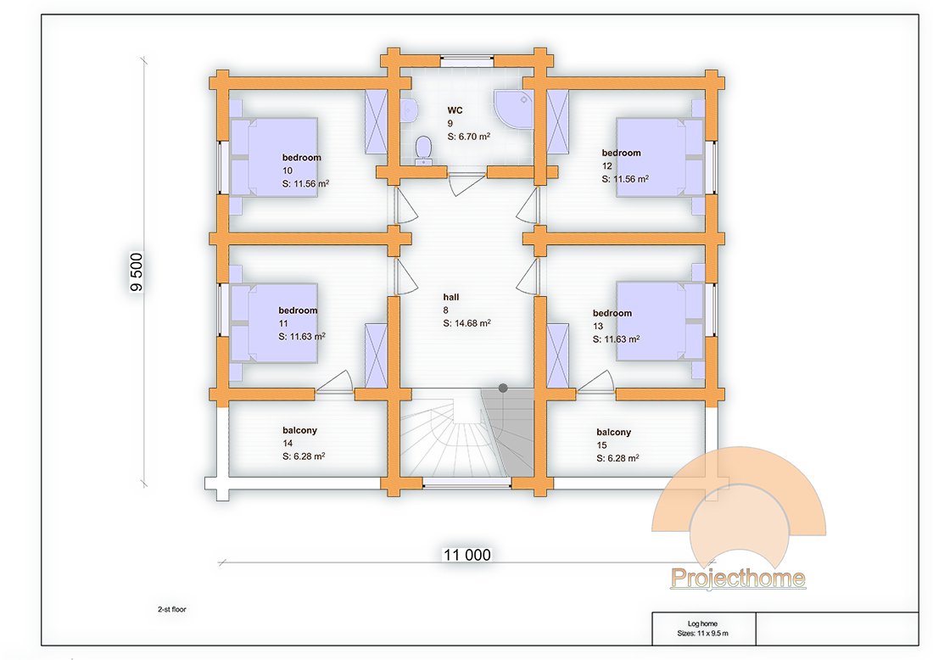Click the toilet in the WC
pyautogui.click(x=423, y=151)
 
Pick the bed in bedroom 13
pyautogui.click(x=660, y=321)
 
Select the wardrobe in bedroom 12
pyautogui.click(x=558, y=120)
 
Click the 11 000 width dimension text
pyautogui.click(x=466, y=555)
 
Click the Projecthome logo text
pyautogui.click(x=738, y=579)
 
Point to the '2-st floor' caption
pyautogui.click(x=172, y=609)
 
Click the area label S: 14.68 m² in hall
pyautogui.click(x=467, y=323)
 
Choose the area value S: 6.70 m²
pyautogui.click(x=470, y=136)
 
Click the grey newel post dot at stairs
pyautogui.click(x=503, y=388)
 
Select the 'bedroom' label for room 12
pyautogui.click(x=622, y=153)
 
